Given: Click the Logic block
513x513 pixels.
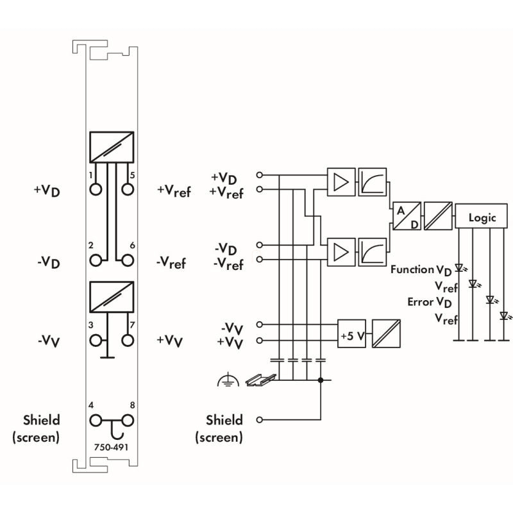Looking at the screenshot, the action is click(482, 216).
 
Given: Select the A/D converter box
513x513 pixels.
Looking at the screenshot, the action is click(407, 216).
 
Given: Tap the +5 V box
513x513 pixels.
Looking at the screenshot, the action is click(351, 333).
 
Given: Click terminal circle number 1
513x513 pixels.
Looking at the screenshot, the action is click(96, 189).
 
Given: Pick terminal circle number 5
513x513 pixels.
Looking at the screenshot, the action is click(128, 189).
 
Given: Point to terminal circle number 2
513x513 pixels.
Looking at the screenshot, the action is click(96, 260).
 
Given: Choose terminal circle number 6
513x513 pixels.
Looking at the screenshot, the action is click(128, 260).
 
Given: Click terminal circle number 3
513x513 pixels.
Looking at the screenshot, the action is click(96, 341).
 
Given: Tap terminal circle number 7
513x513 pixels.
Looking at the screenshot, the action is click(128, 341).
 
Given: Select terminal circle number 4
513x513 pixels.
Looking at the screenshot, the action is click(96, 421).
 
